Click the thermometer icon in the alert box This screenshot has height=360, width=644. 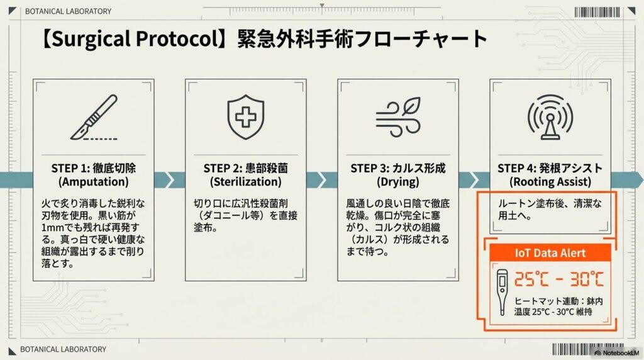[x=501, y=292]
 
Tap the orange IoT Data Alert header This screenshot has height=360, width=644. [x=550, y=253]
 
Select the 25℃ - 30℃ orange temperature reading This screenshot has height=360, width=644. [x=559, y=279]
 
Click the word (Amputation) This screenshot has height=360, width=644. [x=93, y=182]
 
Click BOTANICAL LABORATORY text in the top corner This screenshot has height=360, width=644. [x=68, y=11]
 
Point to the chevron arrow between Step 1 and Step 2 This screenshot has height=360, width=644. [x=168, y=180]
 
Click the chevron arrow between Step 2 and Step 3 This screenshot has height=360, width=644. [x=320, y=180]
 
